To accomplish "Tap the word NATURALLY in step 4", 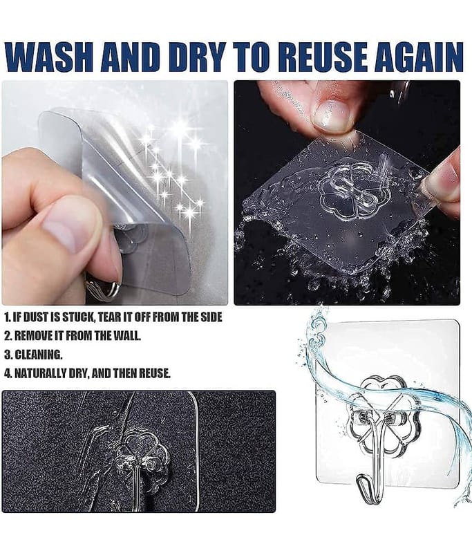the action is point(42,373).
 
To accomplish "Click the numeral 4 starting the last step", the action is point(8,373).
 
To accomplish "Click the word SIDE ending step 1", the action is point(211,317).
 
